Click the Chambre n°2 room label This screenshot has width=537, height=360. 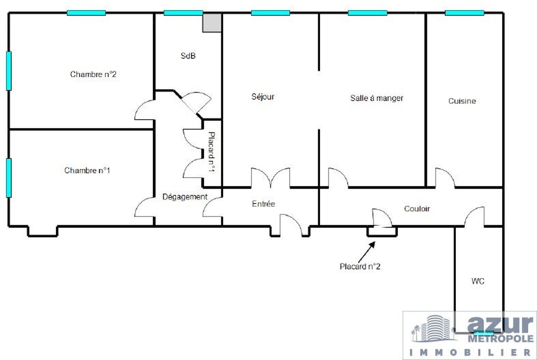[x=93, y=75]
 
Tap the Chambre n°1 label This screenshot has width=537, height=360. [x=87, y=170]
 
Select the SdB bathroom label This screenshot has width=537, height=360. [x=188, y=56]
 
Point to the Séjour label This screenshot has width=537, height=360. [x=263, y=96]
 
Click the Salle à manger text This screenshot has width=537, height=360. [x=377, y=98]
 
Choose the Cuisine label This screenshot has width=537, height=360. [x=462, y=101]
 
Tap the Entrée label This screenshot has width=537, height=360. [x=263, y=204]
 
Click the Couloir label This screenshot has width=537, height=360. [x=417, y=209]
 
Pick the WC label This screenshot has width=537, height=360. [x=478, y=281]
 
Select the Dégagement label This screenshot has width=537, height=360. [x=185, y=197]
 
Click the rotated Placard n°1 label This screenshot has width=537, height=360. [x=212, y=152]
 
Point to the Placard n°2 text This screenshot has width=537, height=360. [x=360, y=267]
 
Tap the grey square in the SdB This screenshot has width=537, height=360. [x=212, y=23]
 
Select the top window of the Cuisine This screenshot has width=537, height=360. [x=464, y=13]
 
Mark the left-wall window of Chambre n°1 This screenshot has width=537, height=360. [x=9, y=177]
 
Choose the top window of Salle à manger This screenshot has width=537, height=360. [x=367, y=13]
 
